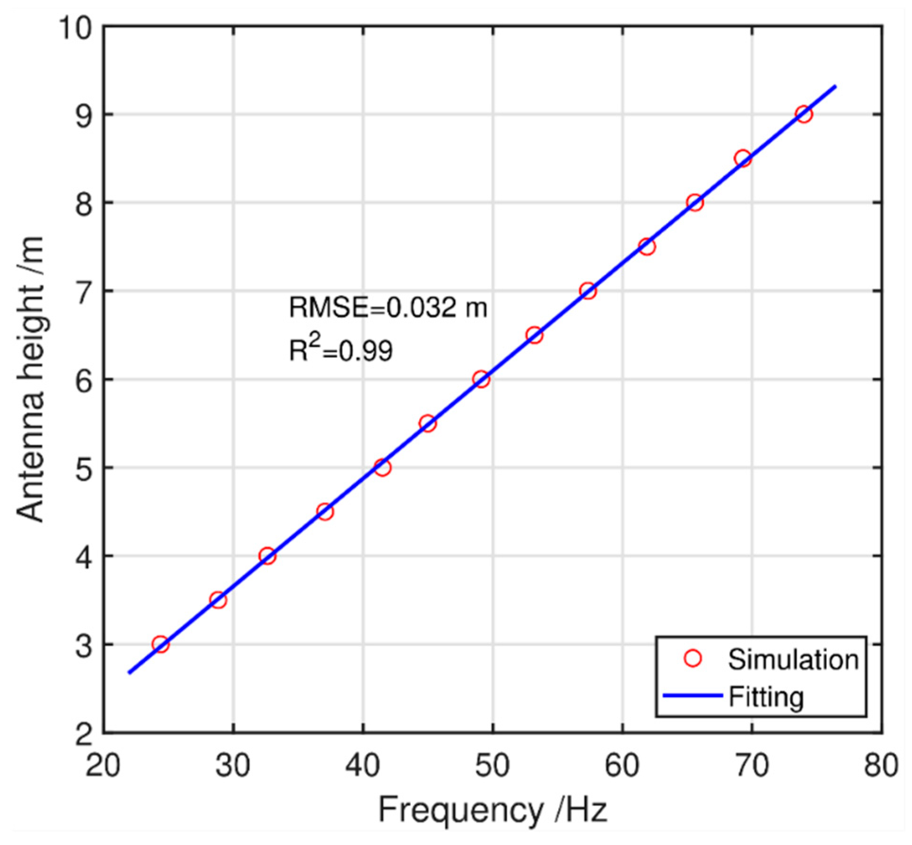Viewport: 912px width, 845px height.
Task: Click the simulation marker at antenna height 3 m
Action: pyautogui.click(x=161, y=644)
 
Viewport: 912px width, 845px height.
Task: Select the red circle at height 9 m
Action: pyautogui.click(x=804, y=114)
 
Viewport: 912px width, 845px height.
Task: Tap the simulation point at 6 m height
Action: pyautogui.click(x=481, y=379)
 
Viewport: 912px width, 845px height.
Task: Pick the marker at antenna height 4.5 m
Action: pyautogui.click(x=325, y=512)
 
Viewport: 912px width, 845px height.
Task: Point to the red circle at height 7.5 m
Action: pyautogui.click(x=647, y=247)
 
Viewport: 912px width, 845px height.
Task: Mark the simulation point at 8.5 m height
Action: pyautogui.click(x=743, y=158)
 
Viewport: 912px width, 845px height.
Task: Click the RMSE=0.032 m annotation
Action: pyautogui.click(x=388, y=308)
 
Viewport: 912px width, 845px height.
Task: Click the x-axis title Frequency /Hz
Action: pyautogui.click(x=492, y=810)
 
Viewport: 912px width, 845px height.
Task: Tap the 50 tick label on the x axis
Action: pyautogui.click(x=492, y=765)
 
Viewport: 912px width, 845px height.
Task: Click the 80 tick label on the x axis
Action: pyautogui.click(x=881, y=765)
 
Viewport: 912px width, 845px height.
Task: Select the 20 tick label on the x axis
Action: pyautogui.click(x=103, y=765)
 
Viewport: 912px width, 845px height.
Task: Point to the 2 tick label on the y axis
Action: pyautogui.click(x=84, y=734)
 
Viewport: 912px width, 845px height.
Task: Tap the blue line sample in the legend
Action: pyautogui.click(x=693, y=696)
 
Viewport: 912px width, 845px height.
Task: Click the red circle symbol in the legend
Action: pyautogui.click(x=693, y=659)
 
